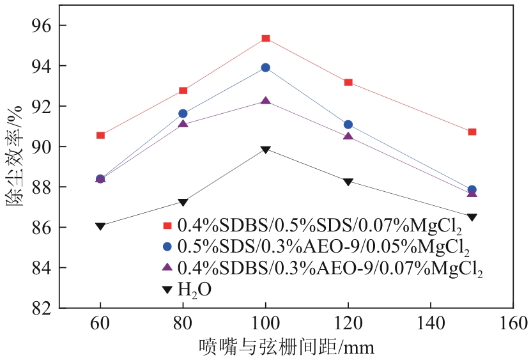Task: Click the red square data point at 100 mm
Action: pos(265,38)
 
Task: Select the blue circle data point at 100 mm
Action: pos(265,67)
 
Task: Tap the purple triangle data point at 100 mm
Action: pos(265,101)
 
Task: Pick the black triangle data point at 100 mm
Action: pos(265,150)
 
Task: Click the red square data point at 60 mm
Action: pos(100,135)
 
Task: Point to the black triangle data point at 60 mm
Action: pos(100,226)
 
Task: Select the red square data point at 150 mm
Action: pos(472,132)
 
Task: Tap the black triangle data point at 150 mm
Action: pos(472,217)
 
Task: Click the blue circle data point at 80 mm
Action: pos(183,113)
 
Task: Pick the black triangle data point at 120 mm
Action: pos(348,182)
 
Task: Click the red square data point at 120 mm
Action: pos(348,82)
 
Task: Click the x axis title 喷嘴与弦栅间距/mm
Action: pos(286,347)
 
